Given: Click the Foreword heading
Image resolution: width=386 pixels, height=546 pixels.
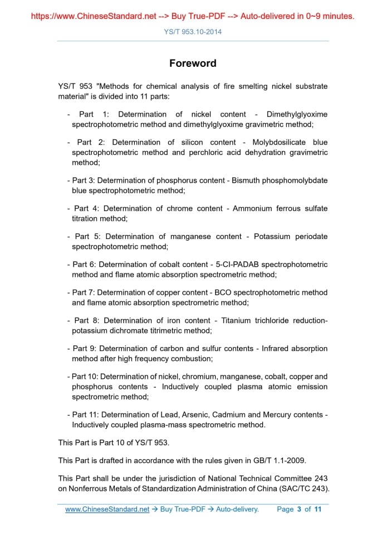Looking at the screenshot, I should pyautogui.click(x=193, y=64).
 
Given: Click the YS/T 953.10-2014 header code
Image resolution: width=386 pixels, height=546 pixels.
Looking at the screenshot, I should pyautogui.click(x=193, y=32).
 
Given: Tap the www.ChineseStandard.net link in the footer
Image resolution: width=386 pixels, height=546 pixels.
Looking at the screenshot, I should pyautogui.click(x=108, y=509).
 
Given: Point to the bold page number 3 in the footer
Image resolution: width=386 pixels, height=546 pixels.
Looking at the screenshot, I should pyautogui.click(x=299, y=509).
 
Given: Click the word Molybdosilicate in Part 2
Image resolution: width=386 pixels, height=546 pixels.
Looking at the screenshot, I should pyautogui.click(x=277, y=142).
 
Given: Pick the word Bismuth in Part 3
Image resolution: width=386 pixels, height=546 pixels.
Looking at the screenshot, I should pyautogui.click(x=250, y=181).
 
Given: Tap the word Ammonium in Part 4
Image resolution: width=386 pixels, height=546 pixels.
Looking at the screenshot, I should pyautogui.click(x=252, y=208).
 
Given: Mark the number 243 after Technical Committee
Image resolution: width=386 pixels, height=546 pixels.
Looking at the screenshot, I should pyautogui.click(x=316, y=478).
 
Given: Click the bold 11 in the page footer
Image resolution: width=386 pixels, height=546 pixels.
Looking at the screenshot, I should pyautogui.click(x=318, y=509).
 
